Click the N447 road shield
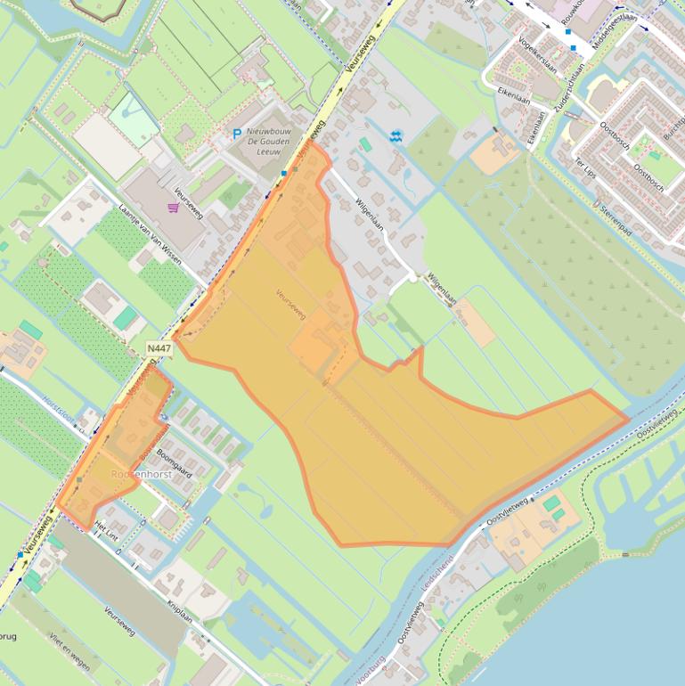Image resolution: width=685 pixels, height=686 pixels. click(159, 348)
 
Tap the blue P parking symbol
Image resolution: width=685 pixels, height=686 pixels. click(237, 134)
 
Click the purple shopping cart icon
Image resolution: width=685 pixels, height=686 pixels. click(173, 208)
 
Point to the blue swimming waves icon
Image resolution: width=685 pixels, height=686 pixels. click(396, 135)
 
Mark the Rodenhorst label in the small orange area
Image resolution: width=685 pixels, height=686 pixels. click(141, 475)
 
